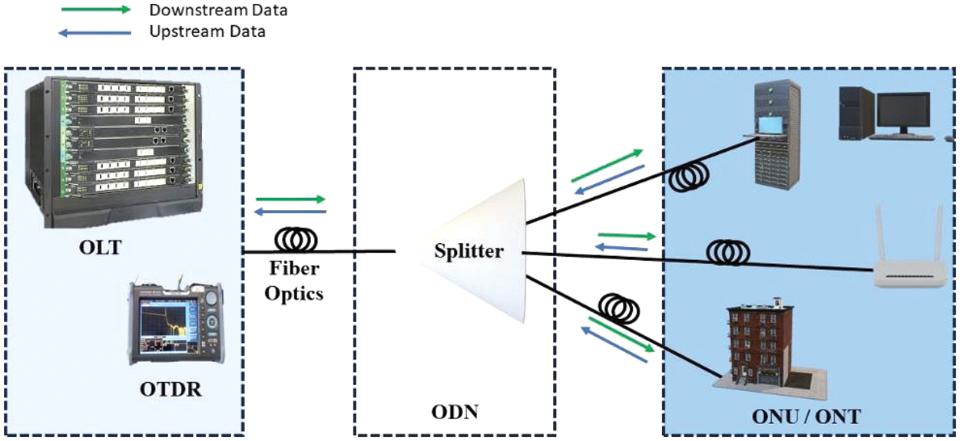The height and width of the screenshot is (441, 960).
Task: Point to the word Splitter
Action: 468,251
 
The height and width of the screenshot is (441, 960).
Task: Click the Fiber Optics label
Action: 295,281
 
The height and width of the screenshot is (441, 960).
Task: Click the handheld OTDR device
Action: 175,322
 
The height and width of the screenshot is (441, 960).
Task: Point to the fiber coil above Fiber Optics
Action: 296,240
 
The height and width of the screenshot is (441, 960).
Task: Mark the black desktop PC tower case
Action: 855,112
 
